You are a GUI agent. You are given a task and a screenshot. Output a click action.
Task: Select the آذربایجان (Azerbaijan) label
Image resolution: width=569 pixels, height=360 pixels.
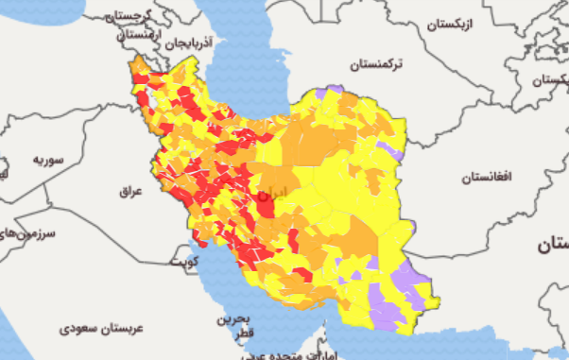(x=188, y=43)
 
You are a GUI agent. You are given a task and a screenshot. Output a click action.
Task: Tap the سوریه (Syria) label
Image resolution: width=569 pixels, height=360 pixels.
(x=46, y=160)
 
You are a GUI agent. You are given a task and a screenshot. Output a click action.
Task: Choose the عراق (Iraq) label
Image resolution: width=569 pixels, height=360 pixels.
(x=129, y=190)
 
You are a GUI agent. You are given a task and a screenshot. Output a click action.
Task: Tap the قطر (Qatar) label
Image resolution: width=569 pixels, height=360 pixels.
(x=245, y=334)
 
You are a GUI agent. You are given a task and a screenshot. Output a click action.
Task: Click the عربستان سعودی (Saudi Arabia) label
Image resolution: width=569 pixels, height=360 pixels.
(x=101, y=328)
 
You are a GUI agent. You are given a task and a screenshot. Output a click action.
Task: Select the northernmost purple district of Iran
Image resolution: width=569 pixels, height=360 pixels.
(x=332, y=92)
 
